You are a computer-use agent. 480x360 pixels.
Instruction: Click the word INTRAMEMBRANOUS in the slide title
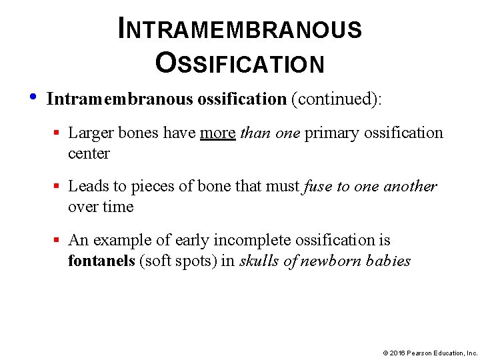click(x=240, y=29)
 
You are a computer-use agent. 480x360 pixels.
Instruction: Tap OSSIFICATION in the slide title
click(x=240, y=63)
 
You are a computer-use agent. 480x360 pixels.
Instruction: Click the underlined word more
click(x=218, y=133)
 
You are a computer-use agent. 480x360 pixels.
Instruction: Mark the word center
click(x=89, y=153)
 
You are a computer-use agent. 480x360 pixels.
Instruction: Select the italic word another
click(x=413, y=186)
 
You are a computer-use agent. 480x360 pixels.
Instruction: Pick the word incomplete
click(x=238, y=240)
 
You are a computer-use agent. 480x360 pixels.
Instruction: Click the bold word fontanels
click(x=101, y=261)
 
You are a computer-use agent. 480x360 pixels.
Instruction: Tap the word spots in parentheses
click(x=196, y=261)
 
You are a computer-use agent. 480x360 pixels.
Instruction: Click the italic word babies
click(x=389, y=261)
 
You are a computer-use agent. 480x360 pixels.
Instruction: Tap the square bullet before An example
click(x=58, y=240)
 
